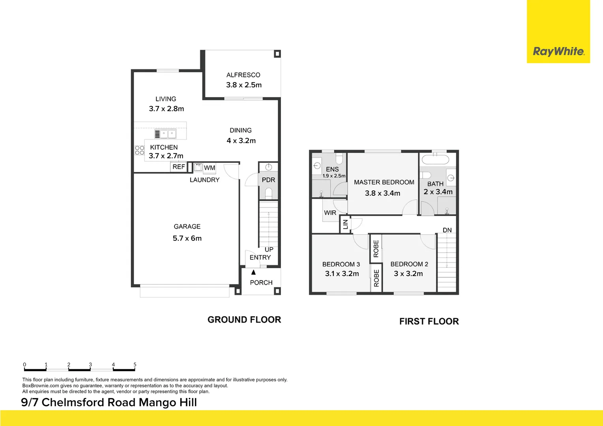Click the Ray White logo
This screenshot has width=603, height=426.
tap(558, 51)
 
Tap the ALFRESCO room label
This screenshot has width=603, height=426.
tap(243, 75)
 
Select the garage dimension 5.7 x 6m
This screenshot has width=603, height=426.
tap(187, 238)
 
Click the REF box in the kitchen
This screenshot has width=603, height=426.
tap(178, 167)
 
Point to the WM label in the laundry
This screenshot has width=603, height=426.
tap(210, 168)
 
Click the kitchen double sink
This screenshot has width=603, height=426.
tap(165, 134)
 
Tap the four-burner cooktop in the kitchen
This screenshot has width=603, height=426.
tap(139, 150)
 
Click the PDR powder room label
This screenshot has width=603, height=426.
tap(268, 180)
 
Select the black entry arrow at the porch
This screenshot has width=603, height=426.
tap(253, 272)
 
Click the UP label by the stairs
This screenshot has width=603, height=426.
tap(269, 250)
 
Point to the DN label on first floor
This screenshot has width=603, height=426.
tap(447, 230)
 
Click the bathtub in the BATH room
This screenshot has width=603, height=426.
tap(435, 160)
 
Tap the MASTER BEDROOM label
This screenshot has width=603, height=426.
tap(384, 182)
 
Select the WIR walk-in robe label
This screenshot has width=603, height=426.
tap(330, 213)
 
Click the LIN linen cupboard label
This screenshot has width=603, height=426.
tap(345, 224)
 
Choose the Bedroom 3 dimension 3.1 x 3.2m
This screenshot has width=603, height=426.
tap(342, 274)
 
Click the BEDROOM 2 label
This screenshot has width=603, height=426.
tap(409, 264)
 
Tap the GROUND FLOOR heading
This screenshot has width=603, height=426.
tap(244, 320)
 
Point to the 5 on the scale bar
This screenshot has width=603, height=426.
tap(135, 365)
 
